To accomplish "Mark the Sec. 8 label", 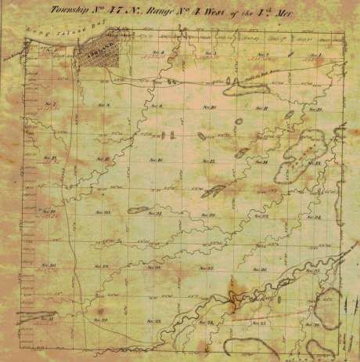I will (x=103, y=104).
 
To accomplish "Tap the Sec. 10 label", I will (x=208, y=107).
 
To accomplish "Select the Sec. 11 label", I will (x=262, y=107).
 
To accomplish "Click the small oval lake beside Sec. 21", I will (x=139, y=209).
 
